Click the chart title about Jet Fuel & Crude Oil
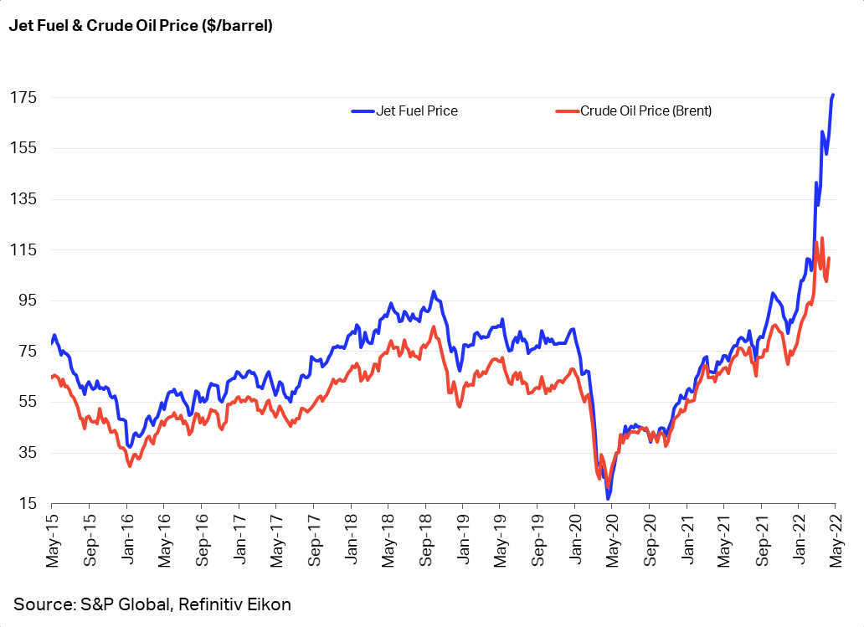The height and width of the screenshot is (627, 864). point(141,26)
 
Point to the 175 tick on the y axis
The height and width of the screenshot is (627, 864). point(23,98)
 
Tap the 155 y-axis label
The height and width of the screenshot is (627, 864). point(23,148)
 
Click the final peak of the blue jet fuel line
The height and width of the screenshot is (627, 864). point(833,95)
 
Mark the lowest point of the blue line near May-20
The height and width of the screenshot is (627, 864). point(608,499)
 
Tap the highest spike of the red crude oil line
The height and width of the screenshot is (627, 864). point(822,239)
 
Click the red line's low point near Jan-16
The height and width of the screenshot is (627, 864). point(130,465)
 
